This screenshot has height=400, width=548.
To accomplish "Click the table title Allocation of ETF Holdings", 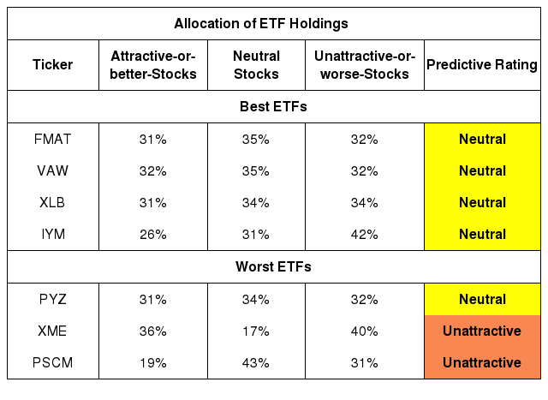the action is coord(261,24).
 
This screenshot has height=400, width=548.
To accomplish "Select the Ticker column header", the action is coord(53,65).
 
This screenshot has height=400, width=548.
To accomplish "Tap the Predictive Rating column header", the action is coord(482,65).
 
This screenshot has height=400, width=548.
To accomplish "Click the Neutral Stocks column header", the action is coord(256,65).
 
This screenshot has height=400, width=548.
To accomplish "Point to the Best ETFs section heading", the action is coord(273,107).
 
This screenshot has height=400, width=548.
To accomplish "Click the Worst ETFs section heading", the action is coord(273,266).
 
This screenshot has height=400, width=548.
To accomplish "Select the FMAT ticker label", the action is coord(53,139).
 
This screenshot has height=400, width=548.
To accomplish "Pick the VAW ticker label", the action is coord(53,171).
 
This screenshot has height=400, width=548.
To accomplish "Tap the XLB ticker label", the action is coord(52,202).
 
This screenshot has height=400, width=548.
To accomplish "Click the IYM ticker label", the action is coord(53,234).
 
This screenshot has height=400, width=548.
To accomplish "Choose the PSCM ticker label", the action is coord(53,362).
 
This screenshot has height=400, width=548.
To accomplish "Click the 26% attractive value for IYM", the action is coord(153,235).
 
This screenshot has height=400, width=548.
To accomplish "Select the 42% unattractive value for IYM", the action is coord(365,235).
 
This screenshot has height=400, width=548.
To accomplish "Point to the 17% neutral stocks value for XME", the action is coord(256,331).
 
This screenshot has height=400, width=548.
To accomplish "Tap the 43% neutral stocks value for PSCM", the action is coord(256,363).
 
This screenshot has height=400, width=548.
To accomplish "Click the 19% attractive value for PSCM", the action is coord(153,363).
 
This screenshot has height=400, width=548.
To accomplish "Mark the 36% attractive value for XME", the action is coord(153,331).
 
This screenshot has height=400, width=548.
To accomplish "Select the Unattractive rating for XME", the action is coord(482,331).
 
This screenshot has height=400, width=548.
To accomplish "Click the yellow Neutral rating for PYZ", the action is coord(482,299).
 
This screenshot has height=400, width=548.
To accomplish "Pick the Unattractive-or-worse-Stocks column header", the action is coord(365,65).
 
